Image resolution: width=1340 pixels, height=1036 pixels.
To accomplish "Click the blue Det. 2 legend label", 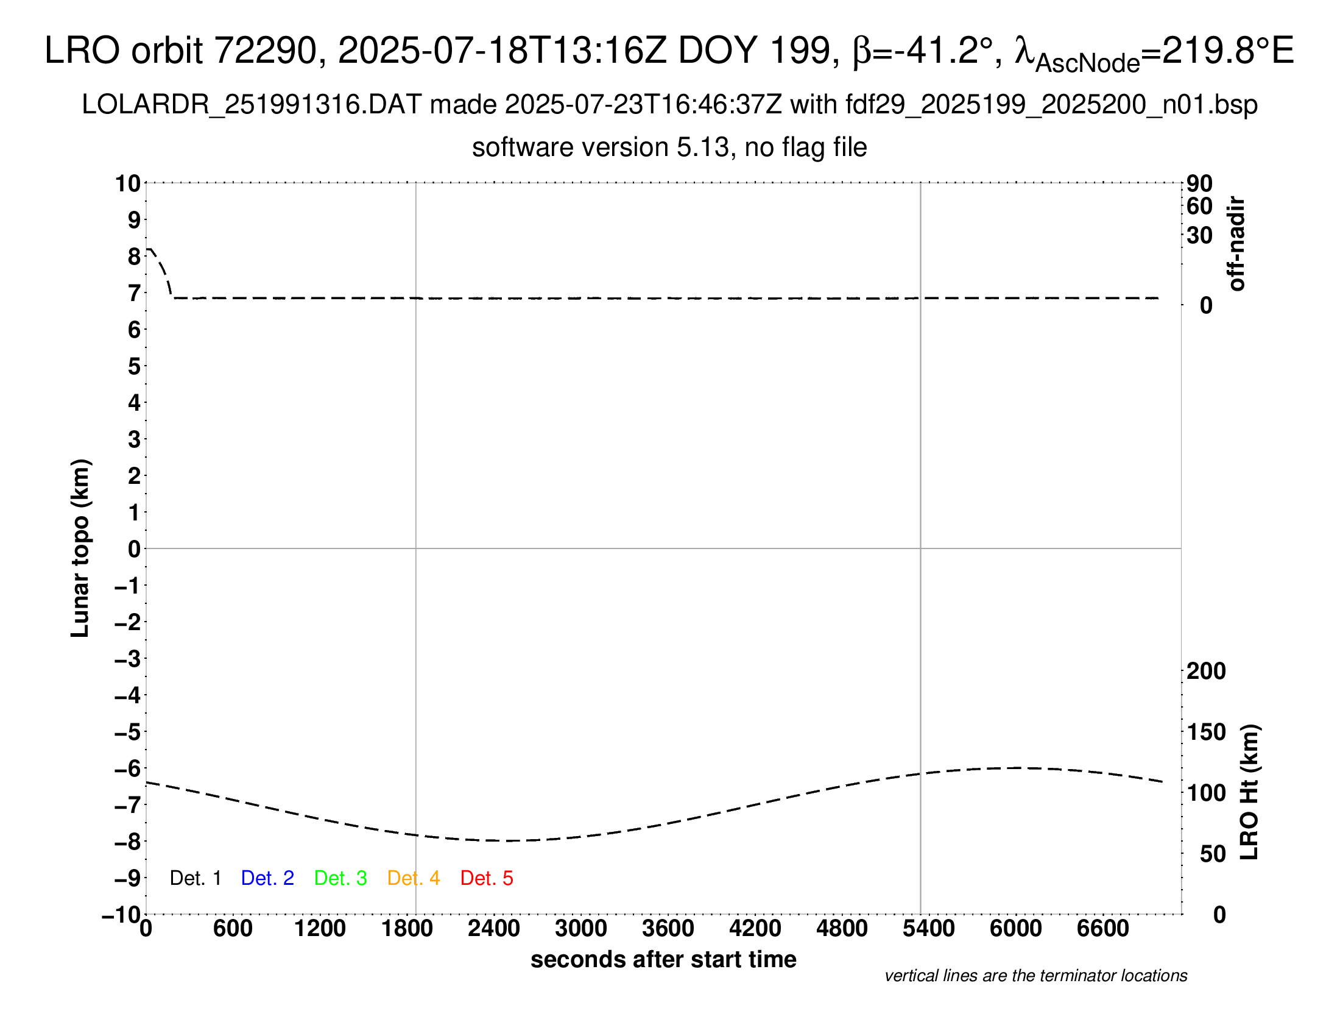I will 267,878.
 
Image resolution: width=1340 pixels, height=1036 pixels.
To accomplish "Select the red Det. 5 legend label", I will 487,878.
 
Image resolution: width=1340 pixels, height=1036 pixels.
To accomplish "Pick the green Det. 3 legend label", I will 340,878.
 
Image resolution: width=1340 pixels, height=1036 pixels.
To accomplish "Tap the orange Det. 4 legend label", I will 414,878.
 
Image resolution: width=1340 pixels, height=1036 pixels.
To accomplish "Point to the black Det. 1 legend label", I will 195,878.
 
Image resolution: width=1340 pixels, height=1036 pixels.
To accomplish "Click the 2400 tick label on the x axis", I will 494,929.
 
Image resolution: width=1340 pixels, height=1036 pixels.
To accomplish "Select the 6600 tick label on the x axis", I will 1102,929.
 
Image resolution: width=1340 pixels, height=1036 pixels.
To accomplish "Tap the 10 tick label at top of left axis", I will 129,183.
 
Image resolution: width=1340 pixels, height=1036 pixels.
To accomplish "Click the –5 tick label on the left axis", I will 128,732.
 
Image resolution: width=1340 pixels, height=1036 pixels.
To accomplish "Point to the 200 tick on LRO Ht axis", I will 1205,672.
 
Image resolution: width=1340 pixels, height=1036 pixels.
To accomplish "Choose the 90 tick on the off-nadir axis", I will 1199,183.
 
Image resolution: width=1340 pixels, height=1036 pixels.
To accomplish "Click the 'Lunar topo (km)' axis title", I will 80,548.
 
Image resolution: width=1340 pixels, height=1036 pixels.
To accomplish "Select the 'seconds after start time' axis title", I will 663,959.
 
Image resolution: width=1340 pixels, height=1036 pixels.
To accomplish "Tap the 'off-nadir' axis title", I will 1236,244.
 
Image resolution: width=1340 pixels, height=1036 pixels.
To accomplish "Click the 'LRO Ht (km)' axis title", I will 1249,792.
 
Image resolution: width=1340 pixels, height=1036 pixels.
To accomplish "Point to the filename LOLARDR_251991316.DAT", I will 251,105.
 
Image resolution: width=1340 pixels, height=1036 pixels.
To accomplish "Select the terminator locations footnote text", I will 1035,976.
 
